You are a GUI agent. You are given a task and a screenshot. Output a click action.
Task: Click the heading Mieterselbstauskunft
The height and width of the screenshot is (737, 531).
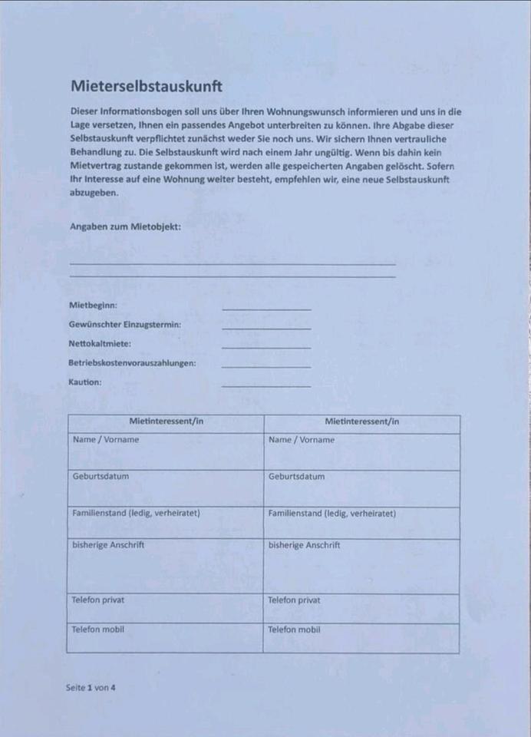(147, 86)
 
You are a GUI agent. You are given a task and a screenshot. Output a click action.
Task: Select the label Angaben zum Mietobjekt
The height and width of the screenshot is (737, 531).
(125, 226)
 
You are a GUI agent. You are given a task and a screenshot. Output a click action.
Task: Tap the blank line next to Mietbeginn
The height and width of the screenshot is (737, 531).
(266, 309)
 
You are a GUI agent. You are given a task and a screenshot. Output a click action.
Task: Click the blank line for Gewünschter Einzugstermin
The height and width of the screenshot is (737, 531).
(266, 328)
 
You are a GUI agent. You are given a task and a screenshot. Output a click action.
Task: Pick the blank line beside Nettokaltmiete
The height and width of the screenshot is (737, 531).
(266, 347)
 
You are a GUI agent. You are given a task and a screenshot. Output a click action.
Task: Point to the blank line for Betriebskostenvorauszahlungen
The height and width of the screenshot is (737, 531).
(266, 366)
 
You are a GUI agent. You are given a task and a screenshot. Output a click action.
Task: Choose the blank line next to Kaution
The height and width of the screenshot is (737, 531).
(266, 385)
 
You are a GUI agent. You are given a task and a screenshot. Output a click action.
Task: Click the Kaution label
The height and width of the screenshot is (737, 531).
(85, 382)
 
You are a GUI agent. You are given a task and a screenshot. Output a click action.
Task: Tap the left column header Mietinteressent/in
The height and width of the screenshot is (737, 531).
(166, 421)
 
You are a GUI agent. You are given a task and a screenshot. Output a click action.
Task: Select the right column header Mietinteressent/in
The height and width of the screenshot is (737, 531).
(362, 421)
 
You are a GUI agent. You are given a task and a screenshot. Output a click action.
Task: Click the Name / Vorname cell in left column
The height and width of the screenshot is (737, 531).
(166, 451)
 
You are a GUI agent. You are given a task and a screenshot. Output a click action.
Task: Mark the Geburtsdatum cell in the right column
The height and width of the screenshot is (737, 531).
(362, 488)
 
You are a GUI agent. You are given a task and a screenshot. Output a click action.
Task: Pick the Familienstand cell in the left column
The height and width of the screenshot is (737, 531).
(166, 522)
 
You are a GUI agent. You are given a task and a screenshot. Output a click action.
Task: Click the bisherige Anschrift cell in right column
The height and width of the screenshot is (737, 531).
(362, 566)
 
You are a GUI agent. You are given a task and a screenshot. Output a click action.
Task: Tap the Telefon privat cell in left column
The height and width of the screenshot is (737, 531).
(166, 608)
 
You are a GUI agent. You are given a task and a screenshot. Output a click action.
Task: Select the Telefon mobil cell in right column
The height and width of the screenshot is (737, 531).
(362, 638)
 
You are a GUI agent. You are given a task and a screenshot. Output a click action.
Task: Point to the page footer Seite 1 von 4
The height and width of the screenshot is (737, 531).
(91, 687)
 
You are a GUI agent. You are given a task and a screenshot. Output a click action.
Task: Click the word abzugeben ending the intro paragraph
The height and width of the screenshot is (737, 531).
(94, 193)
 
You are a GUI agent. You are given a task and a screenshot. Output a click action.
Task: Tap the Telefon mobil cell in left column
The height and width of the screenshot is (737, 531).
(166, 638)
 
